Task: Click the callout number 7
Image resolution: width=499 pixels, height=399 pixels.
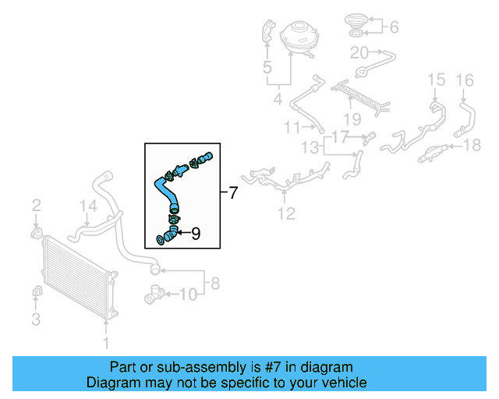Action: click(x=232, y=192)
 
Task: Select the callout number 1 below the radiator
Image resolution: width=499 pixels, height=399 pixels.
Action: click(x=108, y=342)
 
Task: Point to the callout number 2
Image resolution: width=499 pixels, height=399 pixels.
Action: click(x=36, y=206)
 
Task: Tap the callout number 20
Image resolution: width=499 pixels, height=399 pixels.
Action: click(x=359, y=53)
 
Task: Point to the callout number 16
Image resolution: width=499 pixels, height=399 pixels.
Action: click(x=465, y=79)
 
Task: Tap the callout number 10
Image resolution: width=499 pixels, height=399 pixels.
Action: click(x=189, y=294)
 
